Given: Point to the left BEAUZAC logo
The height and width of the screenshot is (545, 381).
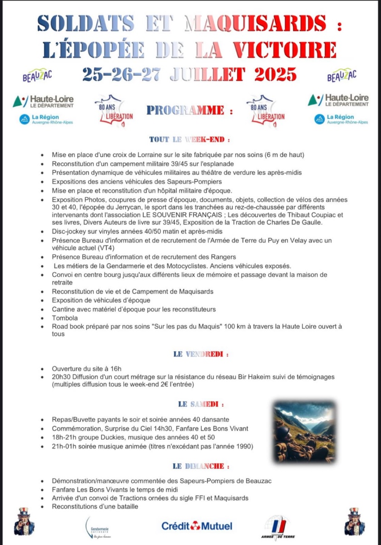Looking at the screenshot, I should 37,75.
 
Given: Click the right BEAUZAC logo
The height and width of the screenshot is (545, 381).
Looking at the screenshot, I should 341,75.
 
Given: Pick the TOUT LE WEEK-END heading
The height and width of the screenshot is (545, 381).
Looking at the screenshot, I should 189,139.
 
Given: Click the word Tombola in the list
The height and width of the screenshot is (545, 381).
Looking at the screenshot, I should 65,318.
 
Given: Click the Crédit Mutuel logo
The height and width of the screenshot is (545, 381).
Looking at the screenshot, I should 197,526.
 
